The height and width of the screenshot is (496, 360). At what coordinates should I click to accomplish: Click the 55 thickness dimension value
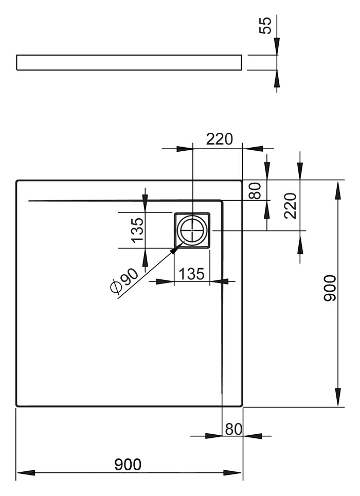point(265,26)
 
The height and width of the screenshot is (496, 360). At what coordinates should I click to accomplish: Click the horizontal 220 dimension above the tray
point(220,139)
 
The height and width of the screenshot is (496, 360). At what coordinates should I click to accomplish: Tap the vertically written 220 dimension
point(291,206)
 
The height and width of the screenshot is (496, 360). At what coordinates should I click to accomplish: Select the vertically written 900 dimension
point(330,288)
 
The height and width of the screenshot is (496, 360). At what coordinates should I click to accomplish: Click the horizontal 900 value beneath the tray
point(128,465)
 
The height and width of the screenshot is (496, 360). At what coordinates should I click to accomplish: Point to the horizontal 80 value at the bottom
point(233,429)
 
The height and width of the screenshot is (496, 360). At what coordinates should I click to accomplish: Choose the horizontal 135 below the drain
point(192,274)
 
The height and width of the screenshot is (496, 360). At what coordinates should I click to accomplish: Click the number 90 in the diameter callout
point(130,276)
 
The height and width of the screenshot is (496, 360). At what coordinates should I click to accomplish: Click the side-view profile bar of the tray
point(129,62)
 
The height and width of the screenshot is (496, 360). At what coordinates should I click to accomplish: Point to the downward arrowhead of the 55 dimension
point(277,46)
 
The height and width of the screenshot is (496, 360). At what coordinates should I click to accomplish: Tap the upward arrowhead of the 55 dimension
point(277,79)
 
